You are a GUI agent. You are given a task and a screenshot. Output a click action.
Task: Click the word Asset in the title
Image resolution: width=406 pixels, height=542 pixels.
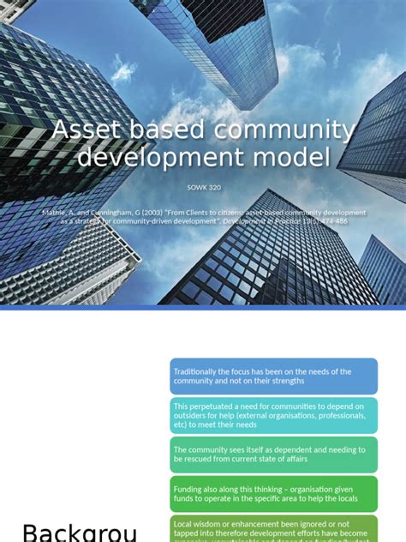pyautogui.click(x=82, y=131)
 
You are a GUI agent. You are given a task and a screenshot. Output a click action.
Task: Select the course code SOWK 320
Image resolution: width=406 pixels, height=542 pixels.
pyautogui.click(x=203, y=187)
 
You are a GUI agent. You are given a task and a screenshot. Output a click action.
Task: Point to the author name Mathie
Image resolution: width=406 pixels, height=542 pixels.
pyautogui.click(x=54, y=212)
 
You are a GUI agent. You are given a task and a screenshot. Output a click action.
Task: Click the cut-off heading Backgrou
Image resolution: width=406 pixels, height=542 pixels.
pyautogui.click(x=80, y=532)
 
